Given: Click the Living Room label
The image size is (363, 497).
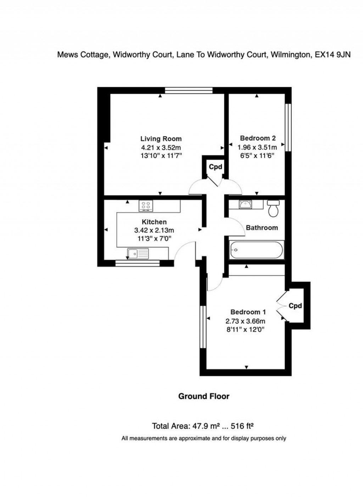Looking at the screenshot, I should point(161,139).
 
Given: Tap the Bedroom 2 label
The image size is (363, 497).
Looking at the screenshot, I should point(258,138).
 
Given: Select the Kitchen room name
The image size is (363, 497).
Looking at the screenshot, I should point(154,222).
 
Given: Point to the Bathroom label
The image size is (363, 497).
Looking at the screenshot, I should point(262,228).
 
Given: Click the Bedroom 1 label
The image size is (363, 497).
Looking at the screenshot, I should point(248,312).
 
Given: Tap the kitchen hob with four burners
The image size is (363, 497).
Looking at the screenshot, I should point(145,205).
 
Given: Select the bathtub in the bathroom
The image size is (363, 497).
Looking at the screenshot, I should point(256,250).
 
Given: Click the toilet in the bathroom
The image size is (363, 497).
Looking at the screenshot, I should point(273,209).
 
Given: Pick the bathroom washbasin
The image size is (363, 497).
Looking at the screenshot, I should point(245,204).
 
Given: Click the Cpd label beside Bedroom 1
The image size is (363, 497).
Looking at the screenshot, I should point(295,305).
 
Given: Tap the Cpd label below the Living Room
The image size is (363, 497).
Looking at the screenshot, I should point(215,167).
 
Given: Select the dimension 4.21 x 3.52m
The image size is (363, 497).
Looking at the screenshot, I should point(161,148).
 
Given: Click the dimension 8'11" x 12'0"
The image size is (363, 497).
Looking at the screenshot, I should point(246,330).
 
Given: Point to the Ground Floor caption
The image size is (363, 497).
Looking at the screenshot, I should point(203,396).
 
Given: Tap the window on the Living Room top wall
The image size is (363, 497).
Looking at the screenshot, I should point(189,90).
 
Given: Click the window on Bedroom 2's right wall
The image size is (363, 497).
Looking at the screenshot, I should point(289,127).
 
